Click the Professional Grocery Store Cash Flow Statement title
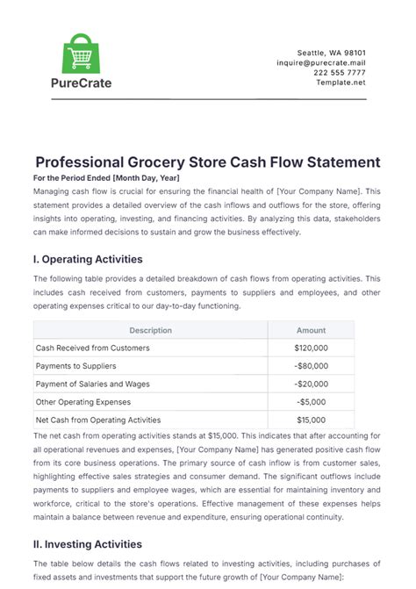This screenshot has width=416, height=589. coord(208,162)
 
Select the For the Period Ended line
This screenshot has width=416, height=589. coord(106,178)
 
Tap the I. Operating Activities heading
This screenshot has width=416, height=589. coord(87,260)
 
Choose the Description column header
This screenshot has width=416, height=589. coord(150,330)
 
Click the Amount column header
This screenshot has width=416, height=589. coord(311,330)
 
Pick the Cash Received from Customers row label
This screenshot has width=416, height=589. coord(92,348)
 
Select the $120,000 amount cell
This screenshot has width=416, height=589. coord(311,348)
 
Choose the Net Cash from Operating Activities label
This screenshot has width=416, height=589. coord(98,420)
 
